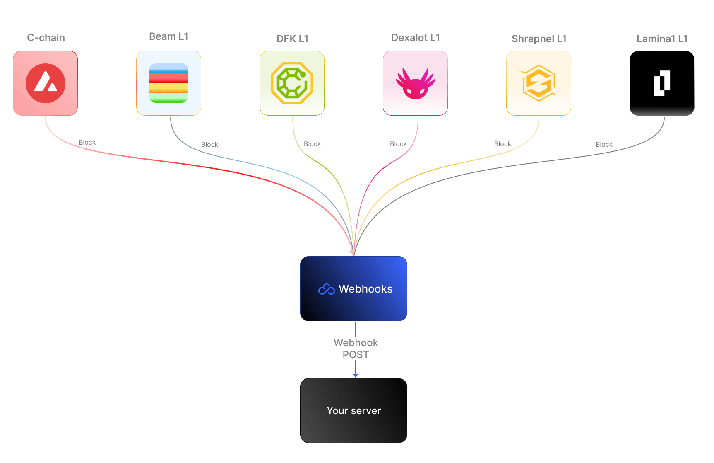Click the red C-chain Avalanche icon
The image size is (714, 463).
pyautogui.click(x=45, y=83)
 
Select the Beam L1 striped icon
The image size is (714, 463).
pyautogui.click(x=168, y=83)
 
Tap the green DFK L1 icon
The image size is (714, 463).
pyautogui.click(x=292, y=83)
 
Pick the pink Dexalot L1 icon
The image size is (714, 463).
pyautogui.click(x=415, y=83)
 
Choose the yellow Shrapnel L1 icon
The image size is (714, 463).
pyautogui.click(x=539, y=83)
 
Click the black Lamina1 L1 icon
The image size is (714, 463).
pyautogui.click(x=662, y=83)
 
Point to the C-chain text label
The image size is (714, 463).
pyautogui.click(x=46, y=38)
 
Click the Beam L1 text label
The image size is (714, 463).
pyautogui.click(x=168, y=36)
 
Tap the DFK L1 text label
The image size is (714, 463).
pyautogui.click(x=292, y=39)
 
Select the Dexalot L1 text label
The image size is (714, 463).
pyautogui.click(x=415, y=38)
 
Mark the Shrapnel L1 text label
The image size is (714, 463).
pyautogui.click(x=539, y=39)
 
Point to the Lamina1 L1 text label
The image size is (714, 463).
pyautogui.click(x=662, y=39)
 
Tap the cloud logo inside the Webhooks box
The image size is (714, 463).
pyautogui.click(x=326, y=289)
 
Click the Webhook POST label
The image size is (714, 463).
pyautogui.click(x=356, y=349)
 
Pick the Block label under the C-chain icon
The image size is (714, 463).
pyautogui.click(x=87, y=142)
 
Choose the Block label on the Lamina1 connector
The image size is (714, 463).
pyautogui.click(x=604, y=144)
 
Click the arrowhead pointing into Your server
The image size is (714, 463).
pyautogui.click(x=355, y=375)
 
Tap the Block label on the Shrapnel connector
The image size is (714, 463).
pyautogui.click(x=502, y=144)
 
